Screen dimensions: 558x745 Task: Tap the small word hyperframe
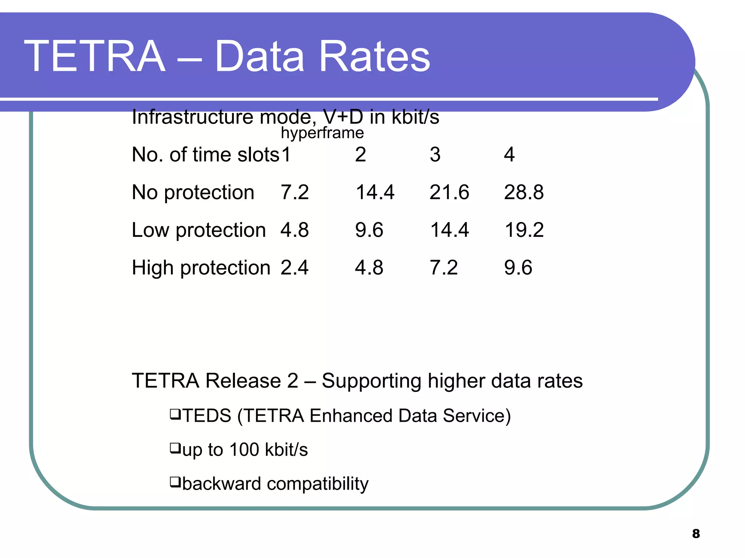coord(322,133)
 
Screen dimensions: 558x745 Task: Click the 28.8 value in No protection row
coord(524,192)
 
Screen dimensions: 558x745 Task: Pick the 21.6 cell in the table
coord(449,192)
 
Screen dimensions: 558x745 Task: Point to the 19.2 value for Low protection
coord(524,230)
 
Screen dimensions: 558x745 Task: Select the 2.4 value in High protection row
coord(294,268)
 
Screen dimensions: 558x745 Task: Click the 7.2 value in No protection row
coord(294,192)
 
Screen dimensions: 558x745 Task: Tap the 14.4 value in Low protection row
coord(449,230)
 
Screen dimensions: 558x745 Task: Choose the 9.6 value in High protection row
coord(518,268)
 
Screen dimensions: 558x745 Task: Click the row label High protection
coord(201,268)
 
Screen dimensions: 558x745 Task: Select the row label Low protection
coord(199,230)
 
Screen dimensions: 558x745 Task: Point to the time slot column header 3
coord(435,154)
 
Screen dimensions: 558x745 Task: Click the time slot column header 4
coord(509,154)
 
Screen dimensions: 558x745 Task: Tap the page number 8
coord(696,534)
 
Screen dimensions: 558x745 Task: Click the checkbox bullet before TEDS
coord(175,414)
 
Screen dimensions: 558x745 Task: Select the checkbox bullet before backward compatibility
coord(175,482)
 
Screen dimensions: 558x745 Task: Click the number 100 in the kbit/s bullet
coord(244,449)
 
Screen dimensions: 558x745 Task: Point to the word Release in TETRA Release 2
coord(243,381)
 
